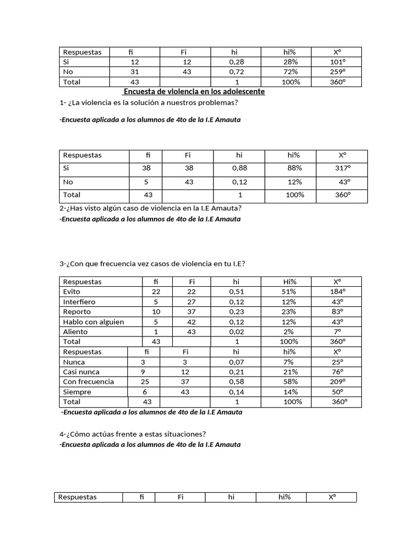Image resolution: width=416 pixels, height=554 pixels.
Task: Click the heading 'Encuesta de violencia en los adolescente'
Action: point(194,92)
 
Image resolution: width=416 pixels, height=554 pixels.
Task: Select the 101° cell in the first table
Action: point(337,62)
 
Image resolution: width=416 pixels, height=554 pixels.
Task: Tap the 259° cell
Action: point(337,72)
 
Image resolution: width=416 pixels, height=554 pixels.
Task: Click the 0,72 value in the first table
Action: point(237,72)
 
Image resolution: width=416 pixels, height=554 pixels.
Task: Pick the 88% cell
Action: point(295,168)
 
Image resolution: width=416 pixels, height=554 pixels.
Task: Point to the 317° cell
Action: point(343,168)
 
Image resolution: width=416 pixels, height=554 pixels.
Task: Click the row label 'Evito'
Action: point(71,292)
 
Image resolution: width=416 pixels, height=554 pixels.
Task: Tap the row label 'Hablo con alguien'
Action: point(94,322)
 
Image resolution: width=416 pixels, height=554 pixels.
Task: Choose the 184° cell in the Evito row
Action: point(338,292)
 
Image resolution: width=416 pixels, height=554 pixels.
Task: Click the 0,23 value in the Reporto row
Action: point(237,312)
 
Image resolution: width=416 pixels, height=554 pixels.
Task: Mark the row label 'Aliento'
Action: point(75,332)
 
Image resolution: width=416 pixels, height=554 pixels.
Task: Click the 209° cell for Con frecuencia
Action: point(338,381)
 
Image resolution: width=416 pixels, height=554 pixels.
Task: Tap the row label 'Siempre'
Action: point(77,392)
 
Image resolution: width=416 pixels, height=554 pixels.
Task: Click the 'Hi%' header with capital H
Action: point(289,282)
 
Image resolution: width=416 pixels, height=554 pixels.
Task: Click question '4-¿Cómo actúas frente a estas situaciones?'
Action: point(133,434)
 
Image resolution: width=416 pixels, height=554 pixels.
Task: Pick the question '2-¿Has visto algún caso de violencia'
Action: point(151,208)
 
